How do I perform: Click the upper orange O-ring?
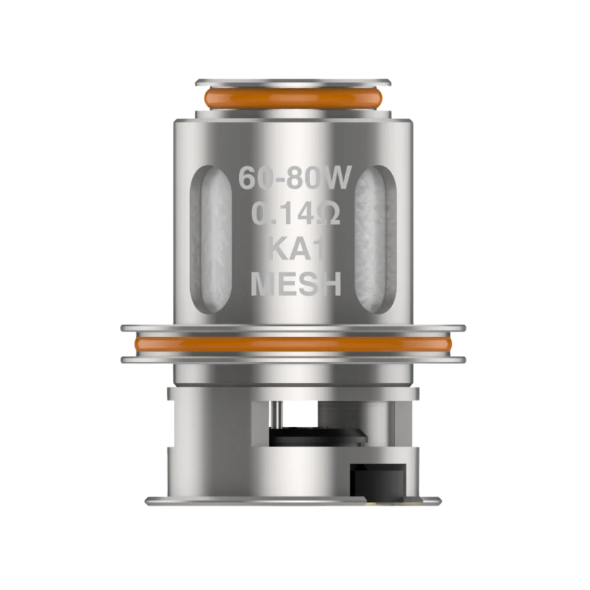pyautogui.click(x=293, y=98)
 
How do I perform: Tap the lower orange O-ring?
pyautogui.click(x=293, y=344)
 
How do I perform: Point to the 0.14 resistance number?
pyautogui.click(x=279, y=215)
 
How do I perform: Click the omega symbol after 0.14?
pyautogui.click(x=327, y=215)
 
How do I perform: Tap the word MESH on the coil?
pyautogui.click(x=296, y=285)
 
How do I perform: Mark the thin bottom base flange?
pyautogui.click(x=293, y=500)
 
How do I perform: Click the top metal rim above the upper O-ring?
pyautogui.click(x=293, y=83)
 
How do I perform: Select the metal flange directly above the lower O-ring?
pyautogui.click(x=293, y=328)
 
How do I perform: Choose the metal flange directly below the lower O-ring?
pyautogui.click(x=293, y=360)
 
